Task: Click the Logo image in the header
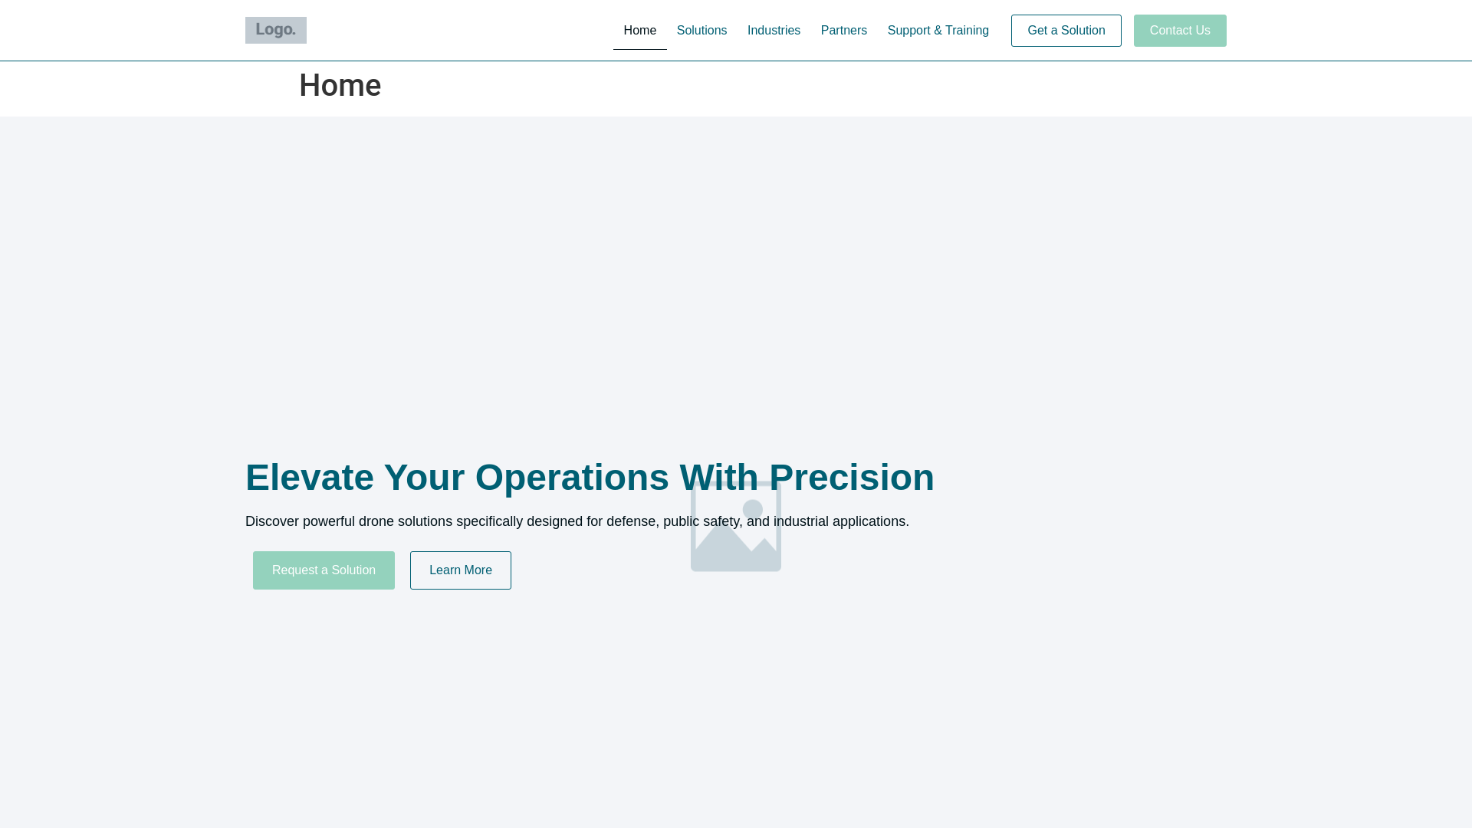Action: tap(276, 31)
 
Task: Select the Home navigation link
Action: tap(639, 31)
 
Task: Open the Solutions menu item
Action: tap(701, 31)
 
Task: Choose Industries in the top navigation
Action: tap(774, 31)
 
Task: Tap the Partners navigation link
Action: tap(843, 31)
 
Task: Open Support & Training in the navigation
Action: tap(938, 31)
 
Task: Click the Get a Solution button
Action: tap(1066, 31)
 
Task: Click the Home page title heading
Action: tap(340, 85)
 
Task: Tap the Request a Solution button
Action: tap(324, 570)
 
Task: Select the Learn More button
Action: tap(460, 570)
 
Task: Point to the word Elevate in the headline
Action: tap(309, 478)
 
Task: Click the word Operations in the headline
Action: tap(572, 478)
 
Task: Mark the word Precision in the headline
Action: tap(852, 478)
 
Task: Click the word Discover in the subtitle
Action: tap(272, 521)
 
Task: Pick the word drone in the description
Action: tap(376, 521)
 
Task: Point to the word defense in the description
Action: tap(631, 521)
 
